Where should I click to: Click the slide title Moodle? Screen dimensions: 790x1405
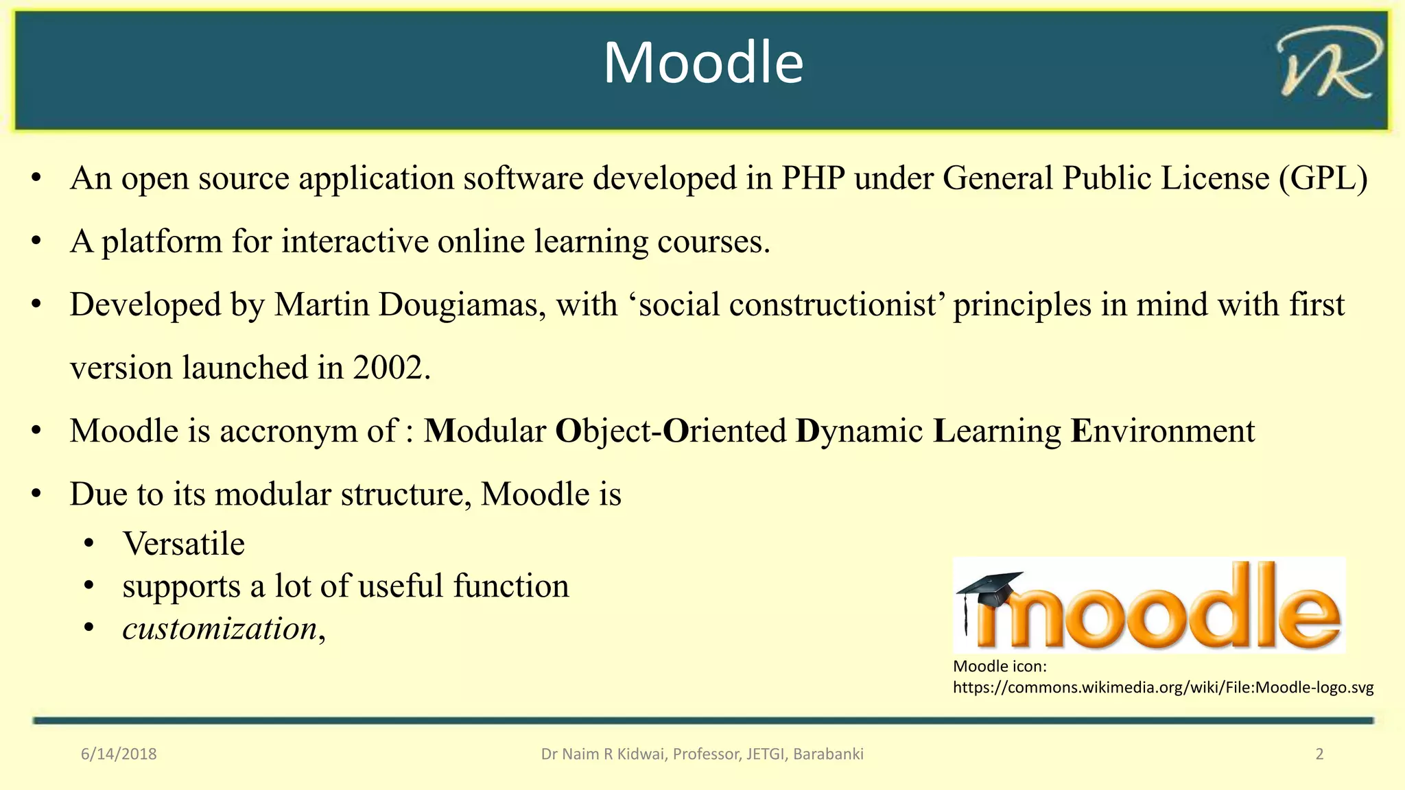pos(703,63)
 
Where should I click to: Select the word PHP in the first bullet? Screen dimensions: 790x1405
pos(813,178)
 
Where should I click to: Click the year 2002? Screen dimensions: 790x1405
pos(391,368)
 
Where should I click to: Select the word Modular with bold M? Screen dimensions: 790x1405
pos(485,431)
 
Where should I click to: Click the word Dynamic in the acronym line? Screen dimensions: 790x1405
pos(859,431)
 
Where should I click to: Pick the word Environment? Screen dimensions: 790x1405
pos(1162,431)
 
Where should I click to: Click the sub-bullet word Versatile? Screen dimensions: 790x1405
pos(184,544)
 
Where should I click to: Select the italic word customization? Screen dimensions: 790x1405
pos(220,629)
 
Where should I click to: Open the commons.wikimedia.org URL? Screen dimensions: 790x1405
pos(1163,688)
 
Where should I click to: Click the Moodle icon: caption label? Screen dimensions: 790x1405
pos(1000,667)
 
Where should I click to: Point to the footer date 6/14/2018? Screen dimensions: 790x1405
pos(119,754)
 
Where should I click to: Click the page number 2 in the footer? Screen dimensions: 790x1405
pos(1319,754)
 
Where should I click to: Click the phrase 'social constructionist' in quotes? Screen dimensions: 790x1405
pos(788,305)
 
